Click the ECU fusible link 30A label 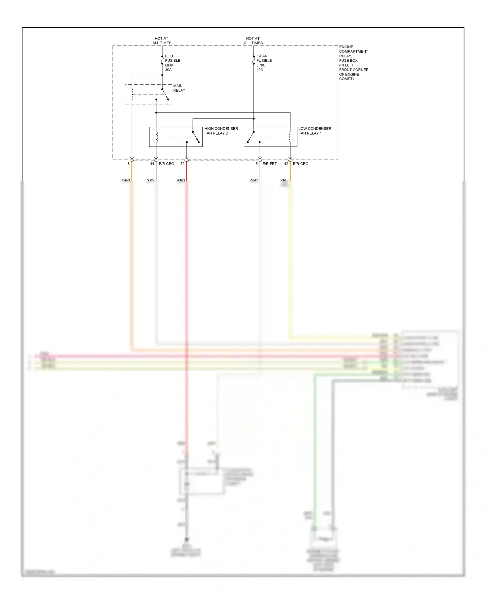[x=172, y=63]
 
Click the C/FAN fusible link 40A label [x=264, y=63]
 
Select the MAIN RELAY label [x=179, y=88]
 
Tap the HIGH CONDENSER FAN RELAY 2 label [x=221, y=131]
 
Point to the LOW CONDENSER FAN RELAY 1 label [x=314, y=131]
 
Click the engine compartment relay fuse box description [x=353, y=63]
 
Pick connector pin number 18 [x=128, y=164]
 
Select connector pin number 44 [x=152, y=164]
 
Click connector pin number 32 [x=182, y=164]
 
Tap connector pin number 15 [x=256, y=164]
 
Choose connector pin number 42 [x=286, y=164]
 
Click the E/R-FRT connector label [x=270, y=164]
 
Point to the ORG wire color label [x=126, y=180]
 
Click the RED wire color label [x=181, y=180]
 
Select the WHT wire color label [x=254, y=180]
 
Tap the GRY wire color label [x=150, y=180]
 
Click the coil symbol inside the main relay [x=132, y=94]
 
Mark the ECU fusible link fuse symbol [x=162, y=60]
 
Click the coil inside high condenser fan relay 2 [x=157, y=137]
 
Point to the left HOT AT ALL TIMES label [x=162, y=41]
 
